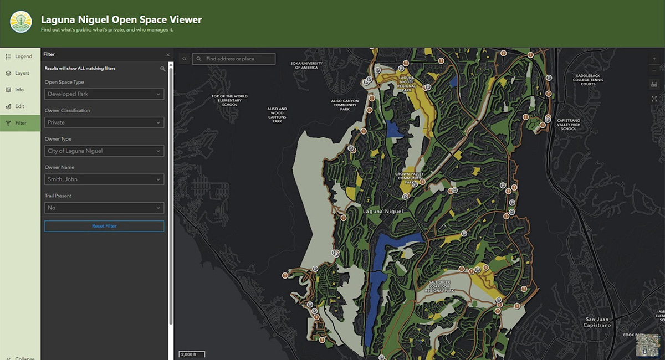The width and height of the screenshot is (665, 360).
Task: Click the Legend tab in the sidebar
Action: coord(20,56)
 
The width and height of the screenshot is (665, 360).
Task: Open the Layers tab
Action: coord(20,73)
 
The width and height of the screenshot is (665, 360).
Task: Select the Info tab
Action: coord(20,90)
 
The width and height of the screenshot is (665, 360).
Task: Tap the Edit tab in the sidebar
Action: coord(20,106)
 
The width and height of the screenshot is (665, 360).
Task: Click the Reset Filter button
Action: coord(104,226)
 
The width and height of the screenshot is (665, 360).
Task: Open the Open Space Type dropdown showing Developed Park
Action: coord(104,94)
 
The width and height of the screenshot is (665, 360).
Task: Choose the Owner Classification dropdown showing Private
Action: coord(104,122)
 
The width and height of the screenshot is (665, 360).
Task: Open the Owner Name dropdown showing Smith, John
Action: coord(104,179)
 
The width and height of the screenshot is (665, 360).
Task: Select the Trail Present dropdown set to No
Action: coord(104,208)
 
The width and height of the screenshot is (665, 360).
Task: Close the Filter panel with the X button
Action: coord(168,55)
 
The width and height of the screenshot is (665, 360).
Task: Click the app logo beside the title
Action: coord(21,22)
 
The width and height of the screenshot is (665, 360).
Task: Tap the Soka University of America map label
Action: coord(306,65)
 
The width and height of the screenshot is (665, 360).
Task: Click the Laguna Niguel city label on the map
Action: coord(382,212)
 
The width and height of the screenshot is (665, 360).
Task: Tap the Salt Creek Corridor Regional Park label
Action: coord(441,286)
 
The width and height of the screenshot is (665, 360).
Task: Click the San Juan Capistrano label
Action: coord(598,322)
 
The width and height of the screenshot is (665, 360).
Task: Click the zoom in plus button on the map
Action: coord(654,59)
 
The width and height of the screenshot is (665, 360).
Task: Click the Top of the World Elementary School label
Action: coord(229,100)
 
